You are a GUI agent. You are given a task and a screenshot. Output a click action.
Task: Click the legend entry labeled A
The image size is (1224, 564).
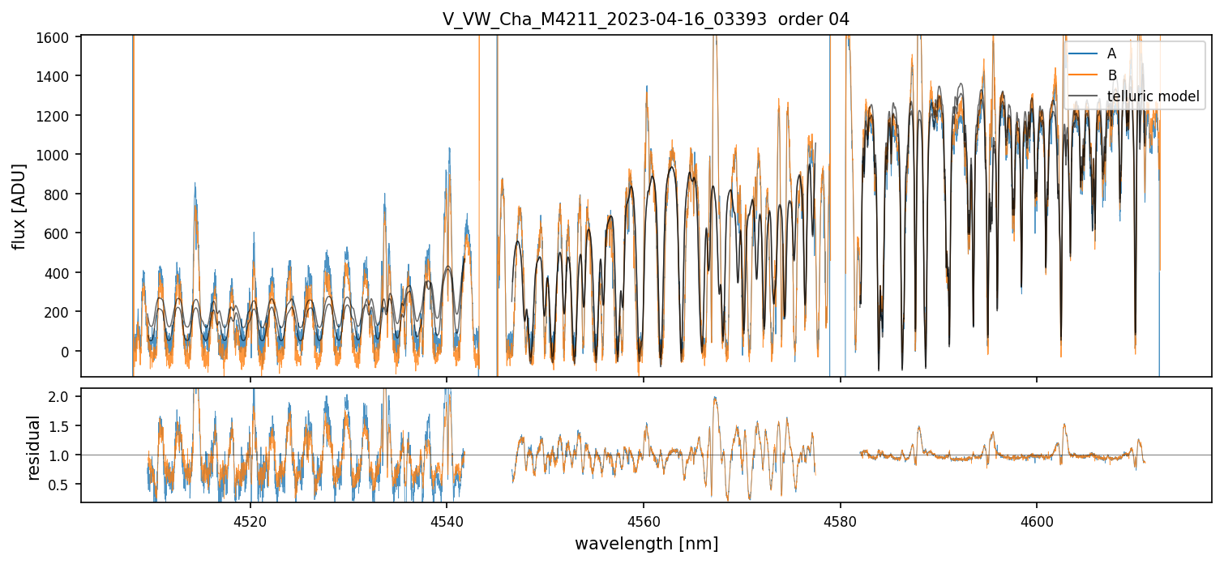pos(1111,53)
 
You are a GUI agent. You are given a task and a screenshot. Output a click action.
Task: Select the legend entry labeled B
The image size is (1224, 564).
pos(1111,75)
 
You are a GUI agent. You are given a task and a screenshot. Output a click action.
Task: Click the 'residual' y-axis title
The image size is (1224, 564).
pos(34,447)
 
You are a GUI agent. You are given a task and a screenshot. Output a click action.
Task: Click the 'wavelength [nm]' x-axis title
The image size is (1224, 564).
pos(646,543)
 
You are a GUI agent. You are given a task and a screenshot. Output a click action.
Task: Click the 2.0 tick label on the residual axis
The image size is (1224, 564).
pos(61,396)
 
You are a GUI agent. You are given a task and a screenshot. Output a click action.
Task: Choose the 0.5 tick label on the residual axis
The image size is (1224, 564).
pos(61,485)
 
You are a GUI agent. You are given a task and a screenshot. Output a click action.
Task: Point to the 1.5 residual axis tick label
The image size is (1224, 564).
pos(61,425)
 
